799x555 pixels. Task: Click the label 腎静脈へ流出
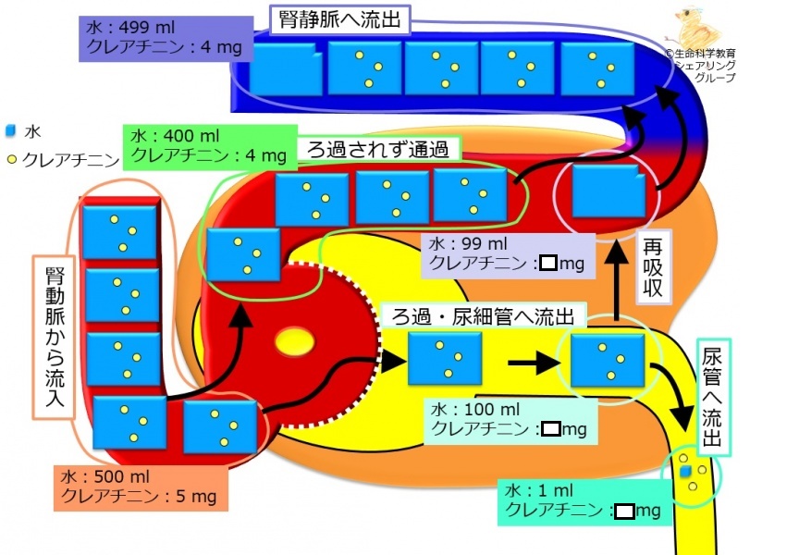340,20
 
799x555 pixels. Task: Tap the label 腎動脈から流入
54,338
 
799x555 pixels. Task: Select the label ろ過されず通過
378,149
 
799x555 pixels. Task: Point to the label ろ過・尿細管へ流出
483,316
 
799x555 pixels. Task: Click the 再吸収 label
653,267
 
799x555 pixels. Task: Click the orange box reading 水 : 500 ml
141,487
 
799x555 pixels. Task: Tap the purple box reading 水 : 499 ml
166,39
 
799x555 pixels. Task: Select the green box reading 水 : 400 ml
209,147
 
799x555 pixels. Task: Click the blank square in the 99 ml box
548,263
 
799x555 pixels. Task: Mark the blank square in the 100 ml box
551,428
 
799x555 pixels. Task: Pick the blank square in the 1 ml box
624,511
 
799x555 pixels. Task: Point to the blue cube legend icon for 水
11,131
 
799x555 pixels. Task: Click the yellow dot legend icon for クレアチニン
12,160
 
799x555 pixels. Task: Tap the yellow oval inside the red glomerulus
295,341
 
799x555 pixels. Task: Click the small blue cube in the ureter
686,472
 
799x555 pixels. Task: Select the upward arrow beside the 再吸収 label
618,280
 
